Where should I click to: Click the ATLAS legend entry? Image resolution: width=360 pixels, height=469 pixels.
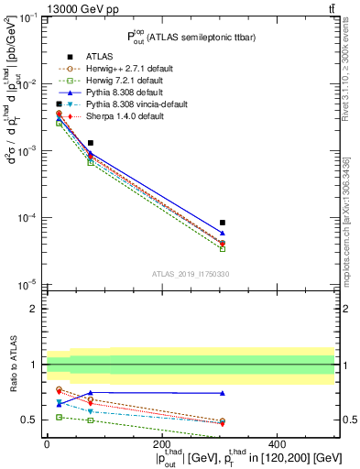98,55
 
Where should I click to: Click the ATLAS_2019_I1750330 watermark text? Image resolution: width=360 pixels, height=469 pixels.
190,274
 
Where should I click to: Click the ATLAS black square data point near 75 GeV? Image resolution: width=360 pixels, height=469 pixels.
91,143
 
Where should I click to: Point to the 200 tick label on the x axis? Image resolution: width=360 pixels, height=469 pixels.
162,445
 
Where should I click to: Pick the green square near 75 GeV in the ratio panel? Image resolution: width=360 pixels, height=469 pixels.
91,420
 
